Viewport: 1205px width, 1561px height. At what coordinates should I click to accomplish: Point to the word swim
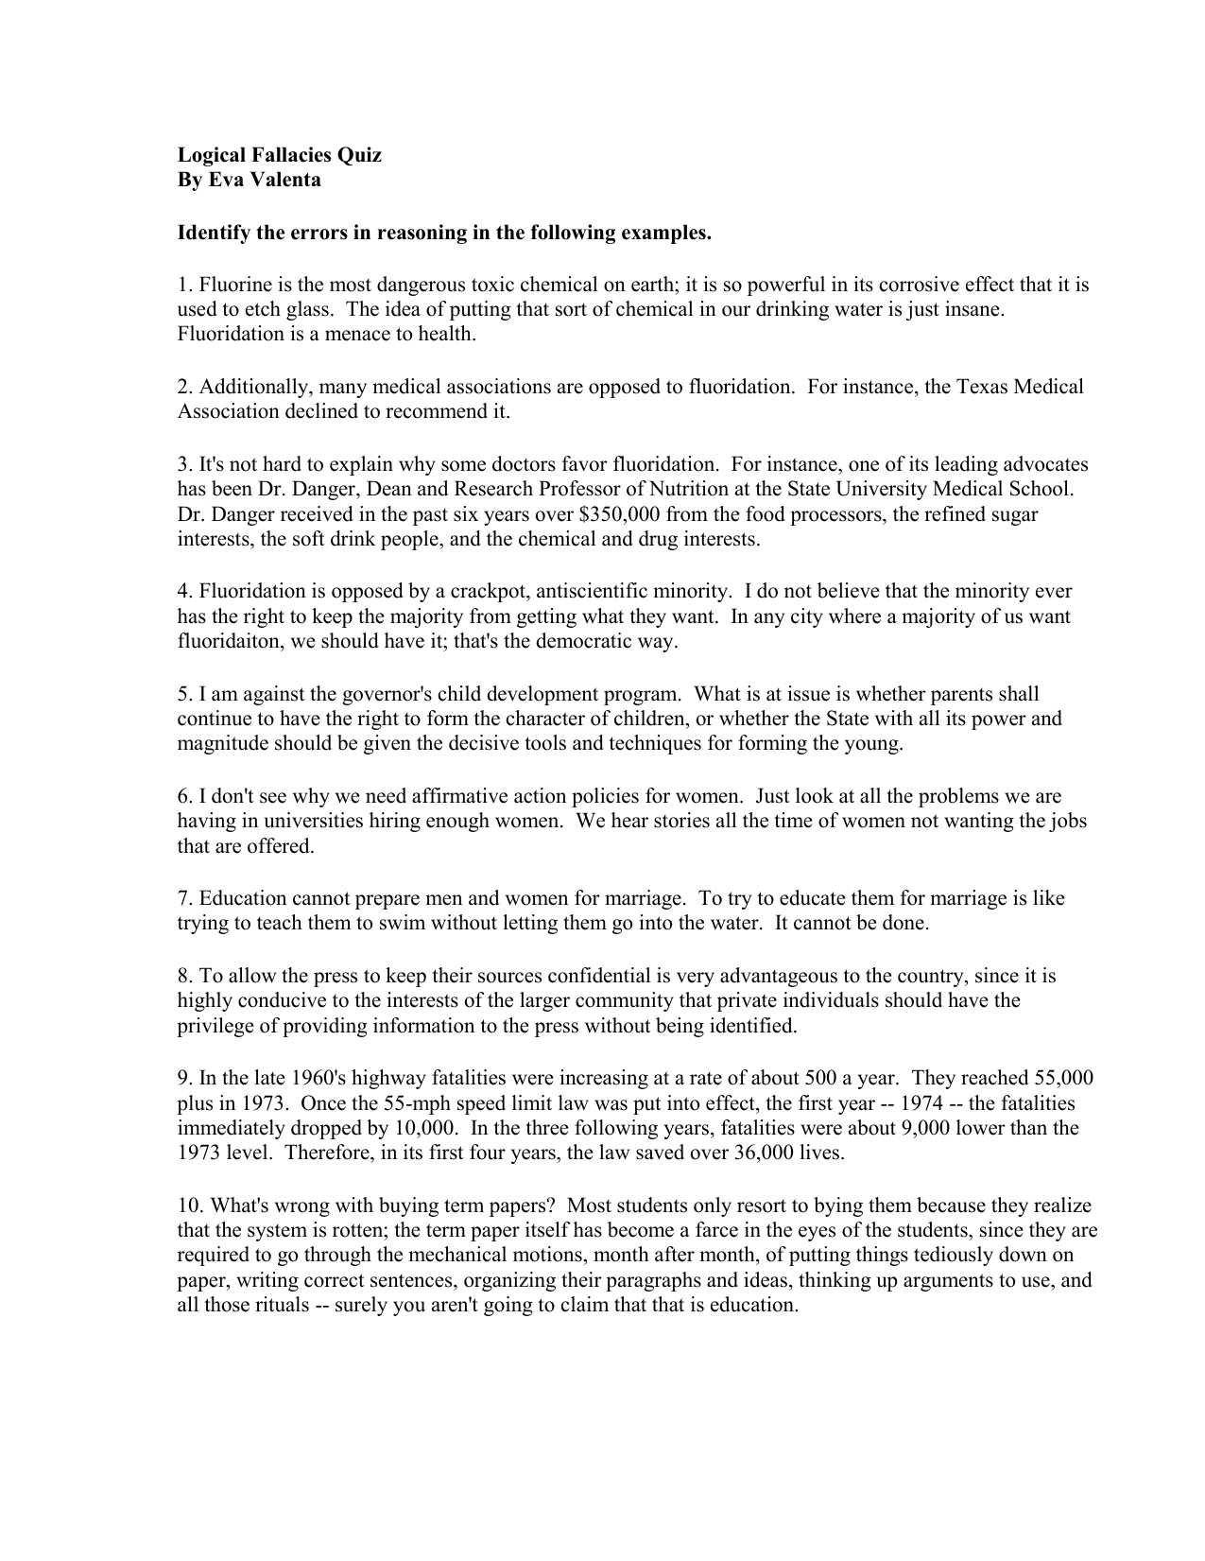click(x=404, y=923)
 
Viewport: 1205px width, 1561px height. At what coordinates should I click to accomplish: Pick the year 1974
click(x=927, y=1103)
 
